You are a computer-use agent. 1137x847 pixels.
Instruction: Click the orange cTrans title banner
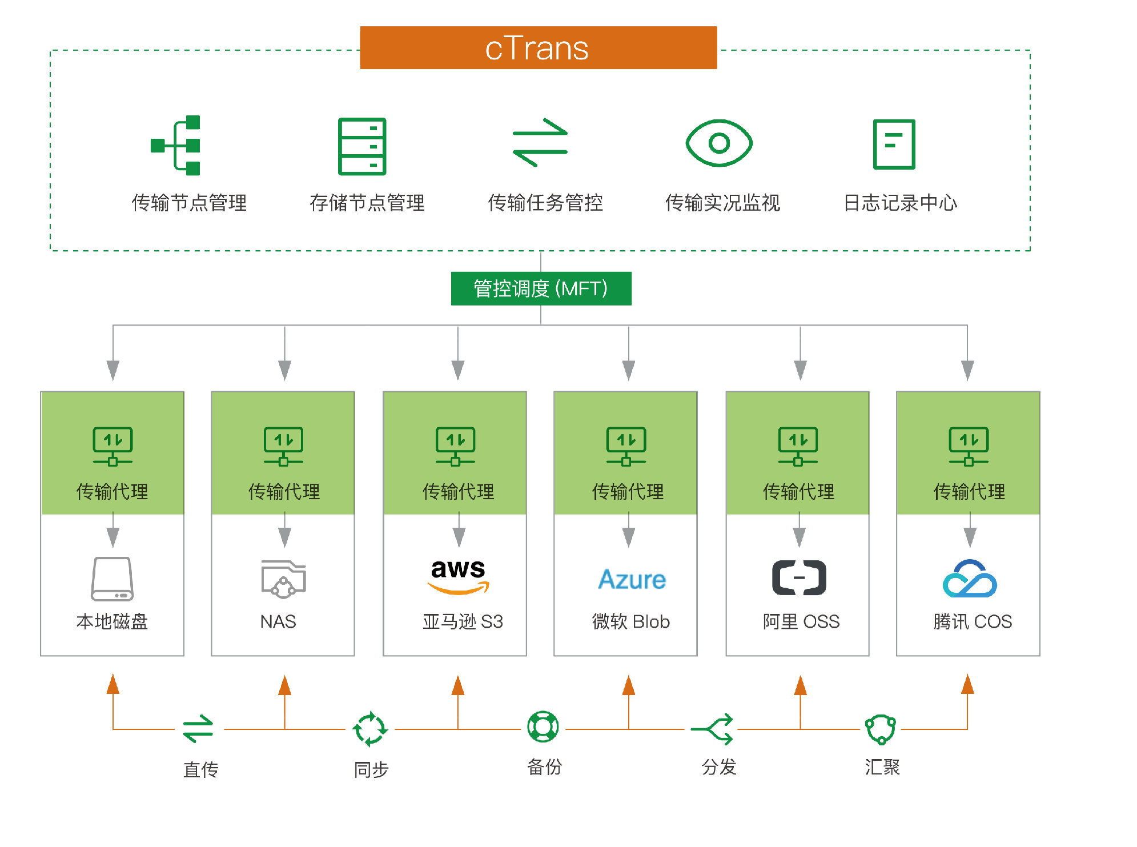538,48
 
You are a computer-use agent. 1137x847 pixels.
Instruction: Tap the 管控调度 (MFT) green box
541,288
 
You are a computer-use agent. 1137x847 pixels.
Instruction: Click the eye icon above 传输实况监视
719,143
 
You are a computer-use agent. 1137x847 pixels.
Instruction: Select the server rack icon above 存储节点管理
362,146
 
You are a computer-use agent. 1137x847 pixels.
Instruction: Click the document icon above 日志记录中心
894,144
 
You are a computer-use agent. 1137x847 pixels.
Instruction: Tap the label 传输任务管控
545,203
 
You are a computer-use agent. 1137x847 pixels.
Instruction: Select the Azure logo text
632,580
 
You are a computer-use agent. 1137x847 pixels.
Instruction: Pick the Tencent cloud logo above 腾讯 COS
969,579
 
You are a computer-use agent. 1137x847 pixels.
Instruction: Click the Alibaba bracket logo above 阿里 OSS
799,578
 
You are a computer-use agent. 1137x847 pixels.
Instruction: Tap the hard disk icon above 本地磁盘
113,579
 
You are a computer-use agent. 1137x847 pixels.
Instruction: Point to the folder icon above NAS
283,579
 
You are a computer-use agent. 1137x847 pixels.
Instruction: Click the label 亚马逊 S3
463,621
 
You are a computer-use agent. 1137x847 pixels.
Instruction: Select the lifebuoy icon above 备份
543,726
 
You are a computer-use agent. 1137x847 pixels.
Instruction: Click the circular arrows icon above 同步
370,729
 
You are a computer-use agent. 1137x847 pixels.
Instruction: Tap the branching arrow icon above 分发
714,729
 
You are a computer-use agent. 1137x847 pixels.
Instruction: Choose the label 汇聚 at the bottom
882,767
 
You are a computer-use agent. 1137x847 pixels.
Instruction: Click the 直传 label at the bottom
200,769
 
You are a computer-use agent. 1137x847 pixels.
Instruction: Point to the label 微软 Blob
630,621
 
